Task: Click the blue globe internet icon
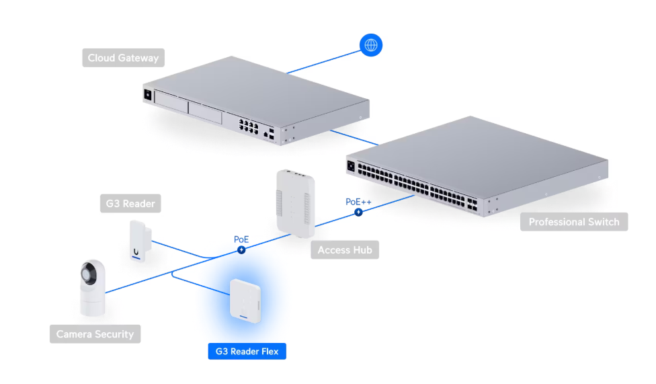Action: point(370,45)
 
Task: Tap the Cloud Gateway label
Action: point(123,58)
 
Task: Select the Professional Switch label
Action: point(573,222)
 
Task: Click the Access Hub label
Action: point(345,250)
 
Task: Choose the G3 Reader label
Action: point(130,204)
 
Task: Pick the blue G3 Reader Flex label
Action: point(247,351)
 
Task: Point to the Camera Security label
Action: point(95,334)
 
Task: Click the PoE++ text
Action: point(358,202)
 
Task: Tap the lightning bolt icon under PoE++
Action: point(358,213)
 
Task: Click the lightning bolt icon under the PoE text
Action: point(241,250)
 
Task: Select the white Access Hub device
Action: point(295,203)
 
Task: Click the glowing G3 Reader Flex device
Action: point(245,301)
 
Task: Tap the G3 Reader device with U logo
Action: point(140,241)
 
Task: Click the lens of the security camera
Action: point(88,274)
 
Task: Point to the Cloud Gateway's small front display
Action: point(148,95)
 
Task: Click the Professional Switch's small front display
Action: point(351,166)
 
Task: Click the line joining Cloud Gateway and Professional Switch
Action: point(354,138)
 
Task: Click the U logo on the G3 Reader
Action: point(136,252)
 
